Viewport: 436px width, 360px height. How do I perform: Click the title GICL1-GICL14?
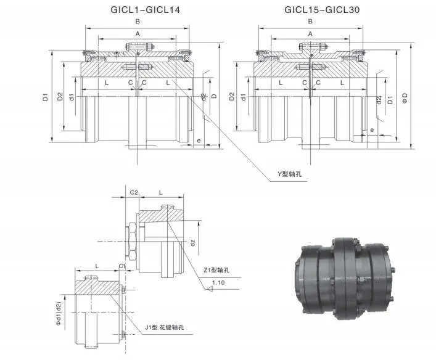136,9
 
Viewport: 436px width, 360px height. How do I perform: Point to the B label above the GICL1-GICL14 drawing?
137,22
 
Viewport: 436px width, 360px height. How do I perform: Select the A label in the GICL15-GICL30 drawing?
310,34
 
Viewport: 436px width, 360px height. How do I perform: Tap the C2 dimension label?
134,193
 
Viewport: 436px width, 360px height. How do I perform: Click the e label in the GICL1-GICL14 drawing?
198,141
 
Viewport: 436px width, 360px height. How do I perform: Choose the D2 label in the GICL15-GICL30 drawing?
232,97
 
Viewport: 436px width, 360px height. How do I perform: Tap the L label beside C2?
161,193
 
